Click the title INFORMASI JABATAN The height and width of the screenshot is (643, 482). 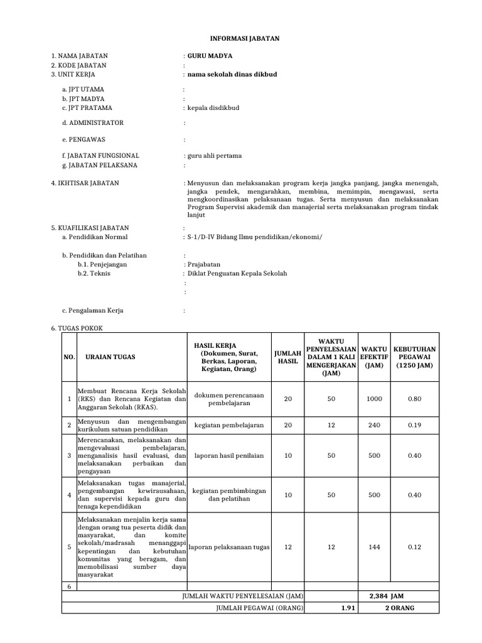click(240, 38)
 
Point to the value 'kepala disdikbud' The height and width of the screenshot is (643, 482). click(213, 107)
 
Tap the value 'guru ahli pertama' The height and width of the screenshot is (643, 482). click(213, 155)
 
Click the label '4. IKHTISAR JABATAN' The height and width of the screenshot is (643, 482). click(85, 183)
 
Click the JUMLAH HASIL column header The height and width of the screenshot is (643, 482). click(288, 357)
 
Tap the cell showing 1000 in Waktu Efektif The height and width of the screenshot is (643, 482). click(375, 399)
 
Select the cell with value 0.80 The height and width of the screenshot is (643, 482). click(414, 399)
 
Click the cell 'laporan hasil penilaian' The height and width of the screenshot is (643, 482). click(229, 455)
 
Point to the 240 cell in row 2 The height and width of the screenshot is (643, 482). click(375, 425)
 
